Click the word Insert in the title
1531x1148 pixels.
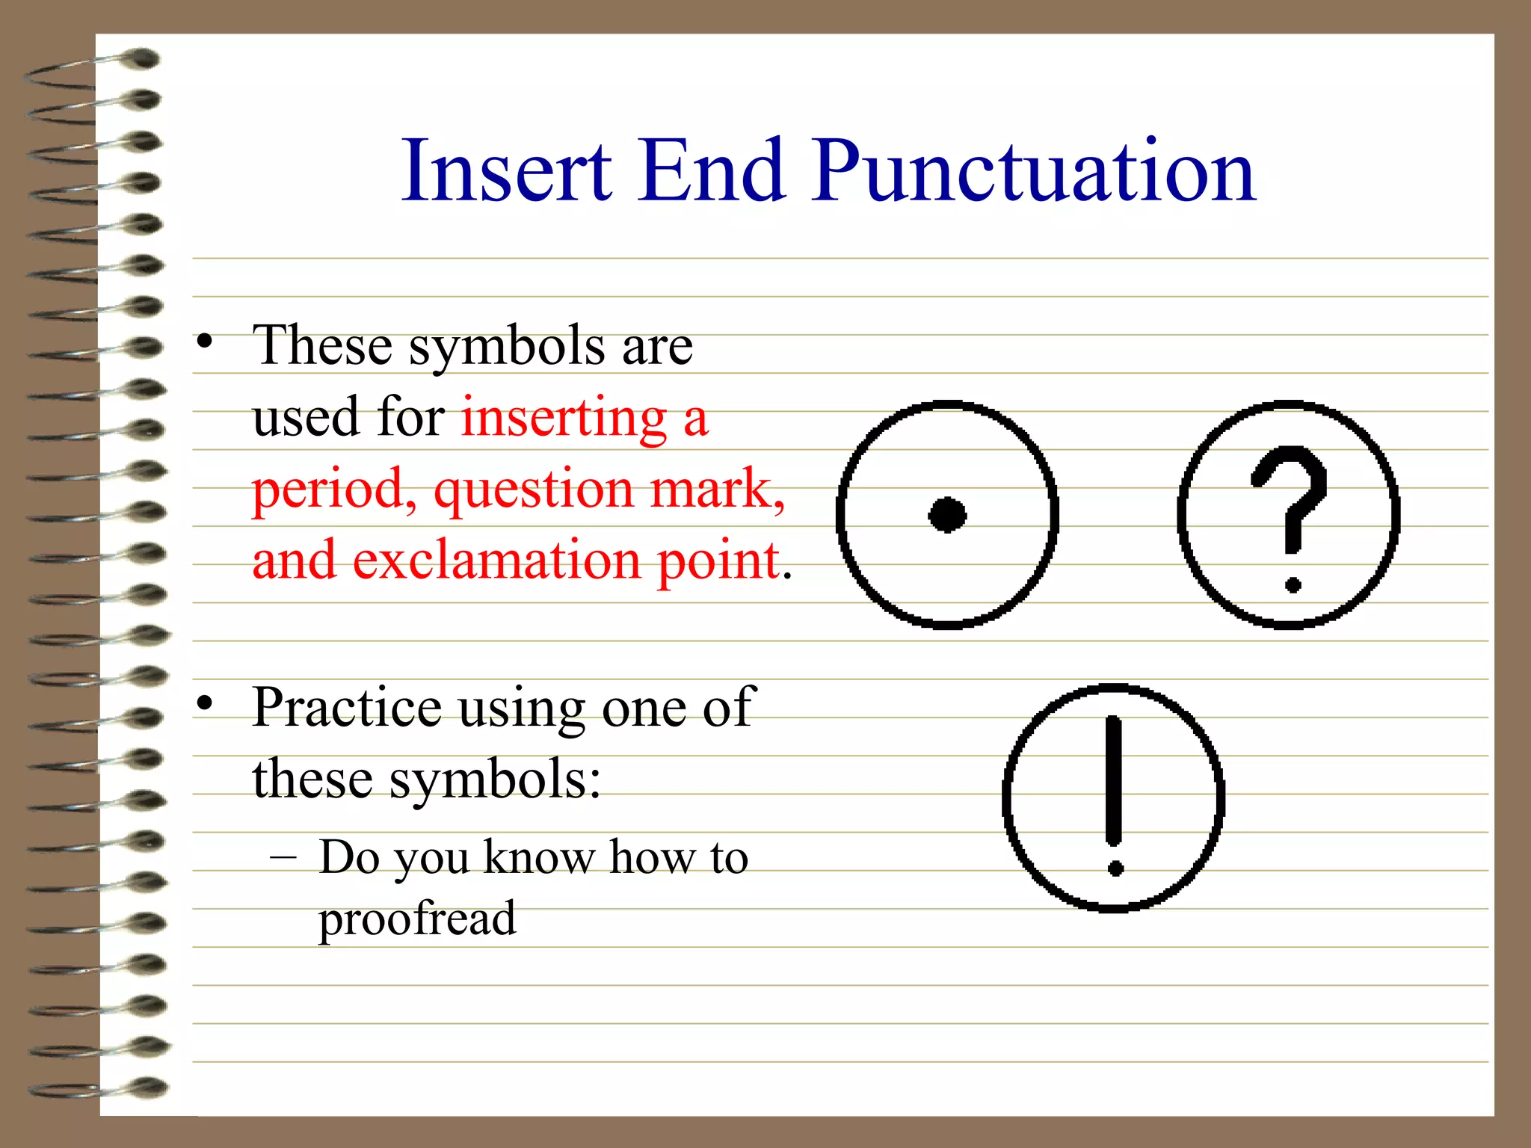506,172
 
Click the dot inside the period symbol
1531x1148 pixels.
947,514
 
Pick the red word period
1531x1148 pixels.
333,490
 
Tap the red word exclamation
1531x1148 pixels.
496,561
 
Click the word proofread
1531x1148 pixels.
417,919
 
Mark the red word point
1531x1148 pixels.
718,561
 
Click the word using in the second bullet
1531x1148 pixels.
522,709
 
